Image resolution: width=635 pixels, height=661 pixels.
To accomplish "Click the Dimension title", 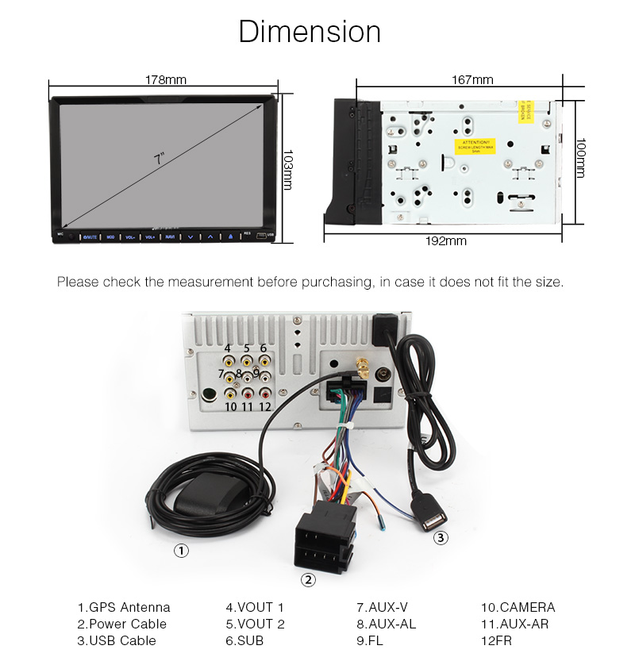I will click(x=310, y=32).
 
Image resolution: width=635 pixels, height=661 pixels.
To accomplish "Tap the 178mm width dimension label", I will click(x=165, y=79).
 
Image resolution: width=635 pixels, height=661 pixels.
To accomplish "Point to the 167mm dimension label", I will click(x=472, y=79).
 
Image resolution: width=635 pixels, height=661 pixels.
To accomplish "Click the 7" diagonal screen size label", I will click(x=160, y=159).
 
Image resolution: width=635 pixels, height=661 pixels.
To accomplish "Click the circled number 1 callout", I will click(x=182, y=550).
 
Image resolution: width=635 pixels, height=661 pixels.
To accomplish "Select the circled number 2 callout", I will click(x=308, y=580).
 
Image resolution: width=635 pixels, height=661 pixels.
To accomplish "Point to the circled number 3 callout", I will click(x=441, y=538).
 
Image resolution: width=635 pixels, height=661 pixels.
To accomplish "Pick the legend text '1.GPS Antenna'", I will click(x=124, y=608).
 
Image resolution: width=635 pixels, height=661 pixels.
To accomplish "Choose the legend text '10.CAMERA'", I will click(x=518, y=608).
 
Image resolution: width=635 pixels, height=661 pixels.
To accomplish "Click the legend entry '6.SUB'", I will click(x=244, y=640).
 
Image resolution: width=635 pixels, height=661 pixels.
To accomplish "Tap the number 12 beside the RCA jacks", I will click(x=265, y=406).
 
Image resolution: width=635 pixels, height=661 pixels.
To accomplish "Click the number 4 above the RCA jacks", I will click(x=227, y=348).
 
